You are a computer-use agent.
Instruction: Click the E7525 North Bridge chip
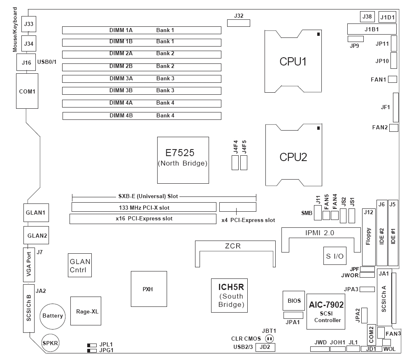click(183, 159)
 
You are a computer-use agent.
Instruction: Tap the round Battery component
click(52, 316)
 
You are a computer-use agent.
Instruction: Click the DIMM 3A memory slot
click(142, 78)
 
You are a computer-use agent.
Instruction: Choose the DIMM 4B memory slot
click(142, 115)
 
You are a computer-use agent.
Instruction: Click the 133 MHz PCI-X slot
click(144, 207)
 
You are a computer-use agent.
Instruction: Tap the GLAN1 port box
click(35, 213)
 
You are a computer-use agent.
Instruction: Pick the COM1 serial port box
click(27, 91)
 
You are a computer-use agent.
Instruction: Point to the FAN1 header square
click(392, 79)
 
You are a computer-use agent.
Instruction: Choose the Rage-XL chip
click(87, 311)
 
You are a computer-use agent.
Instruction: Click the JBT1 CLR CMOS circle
click(270, 339)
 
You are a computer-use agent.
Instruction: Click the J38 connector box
click(367, 16)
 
